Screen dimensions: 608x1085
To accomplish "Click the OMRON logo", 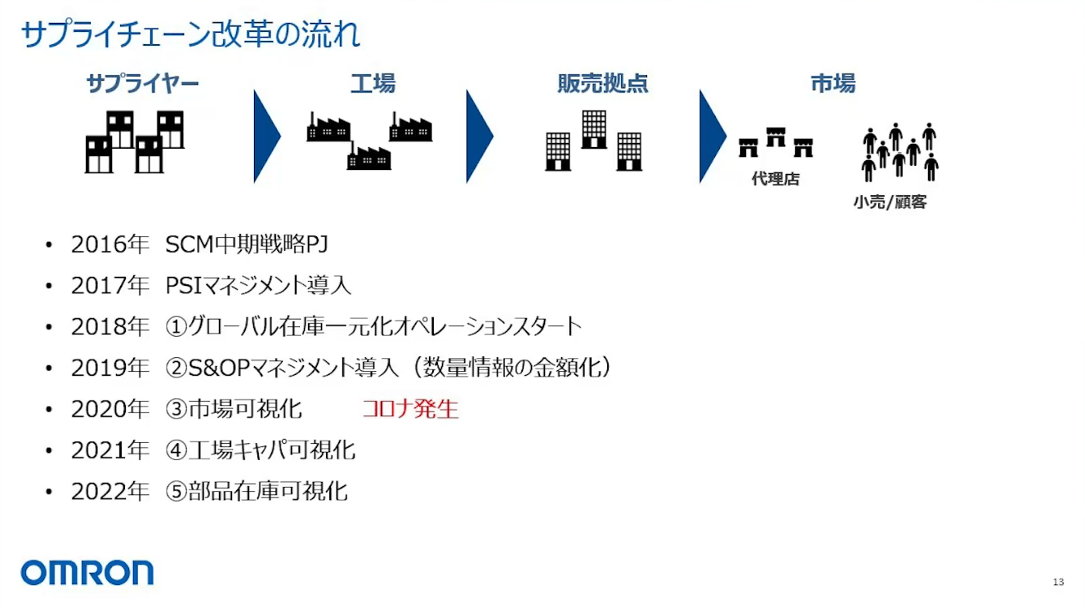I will (x=87, y=572).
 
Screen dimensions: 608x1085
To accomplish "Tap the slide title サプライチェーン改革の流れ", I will (x=190, y=34).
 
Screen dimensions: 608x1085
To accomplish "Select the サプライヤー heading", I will (x=142, y=83).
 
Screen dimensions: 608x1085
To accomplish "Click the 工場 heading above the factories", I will (x=373, y=83).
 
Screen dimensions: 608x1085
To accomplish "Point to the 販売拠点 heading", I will (x=602, y=83).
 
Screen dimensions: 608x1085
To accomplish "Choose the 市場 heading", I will (x=833, y=83).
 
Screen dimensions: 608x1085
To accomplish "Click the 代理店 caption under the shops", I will (x=775, y=179).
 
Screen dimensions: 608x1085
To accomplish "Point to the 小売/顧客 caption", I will (x=890, y=202).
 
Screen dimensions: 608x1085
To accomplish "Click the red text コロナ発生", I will (x=410, y=409).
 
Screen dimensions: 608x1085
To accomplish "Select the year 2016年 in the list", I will (x=109, y=244).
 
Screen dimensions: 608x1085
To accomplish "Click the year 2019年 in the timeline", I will (x=109, y=368).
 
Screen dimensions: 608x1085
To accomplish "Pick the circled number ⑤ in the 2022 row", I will (x=176, y=491).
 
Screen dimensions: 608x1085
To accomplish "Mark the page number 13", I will (x=1058, y=582).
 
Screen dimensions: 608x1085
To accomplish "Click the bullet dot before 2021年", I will (x=50, y=450).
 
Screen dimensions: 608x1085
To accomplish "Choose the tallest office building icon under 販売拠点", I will (x=594, y=129).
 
